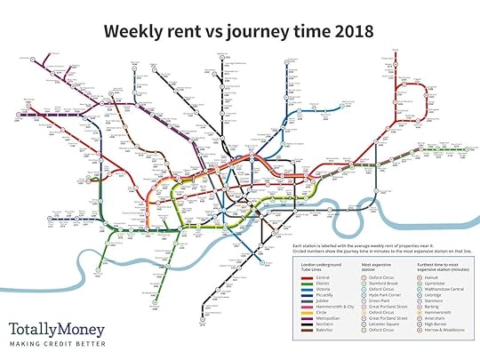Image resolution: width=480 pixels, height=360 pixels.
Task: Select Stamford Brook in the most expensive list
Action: click(x=377, y=284)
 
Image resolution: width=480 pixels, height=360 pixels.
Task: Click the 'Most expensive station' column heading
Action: click(x=373, y=266)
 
